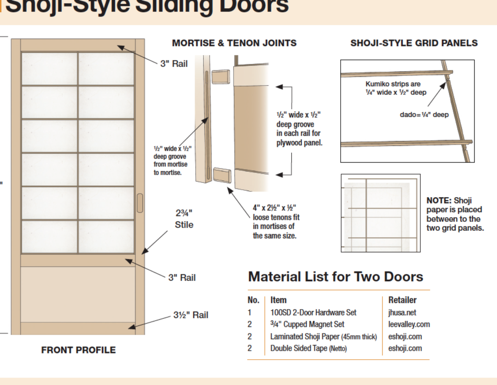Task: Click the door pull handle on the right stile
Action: pyautogui.click(x=140, y=203)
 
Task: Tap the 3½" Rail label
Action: pyautogui.click(x=191, y=315)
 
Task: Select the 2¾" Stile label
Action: pyautogui.click(x=184, y=219)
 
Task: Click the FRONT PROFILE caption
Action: pyautogui.click(x=79, y=350)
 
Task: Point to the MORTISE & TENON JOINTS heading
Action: pyautogui.click(x=234, y=43)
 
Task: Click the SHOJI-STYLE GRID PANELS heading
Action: pyautogui.click(x=414, y=43)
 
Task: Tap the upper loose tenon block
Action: pyautogui.click(x=221, y=77)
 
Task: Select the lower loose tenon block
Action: pyautogui.click(x=222, y=175)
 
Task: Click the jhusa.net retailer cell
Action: pyautogui.click(x=402, y=312)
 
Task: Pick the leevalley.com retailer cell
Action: pyautogui.click(x=409, y=324)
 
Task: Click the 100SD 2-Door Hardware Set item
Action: pyautogui.click(x=313, y=312)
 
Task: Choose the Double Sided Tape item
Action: pyautogui.click(x=308, y=348)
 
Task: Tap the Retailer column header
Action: pyautogui.click(x=402, y=300)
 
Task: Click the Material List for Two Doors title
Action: pyautogui.click(x=336, y=277)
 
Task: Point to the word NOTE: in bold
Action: pyautogui.click(x=439, y=200)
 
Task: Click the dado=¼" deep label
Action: pyautogui.click(x=424, y=114)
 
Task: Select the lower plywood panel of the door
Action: pyautogui.click(x=78, y=294)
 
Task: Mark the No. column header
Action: pyautogui.click(x=253, y=300)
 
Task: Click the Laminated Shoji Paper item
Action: pyautogui.click(x=324, y=337)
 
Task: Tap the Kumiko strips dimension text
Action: pyautogui.click(x=396, y=88)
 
